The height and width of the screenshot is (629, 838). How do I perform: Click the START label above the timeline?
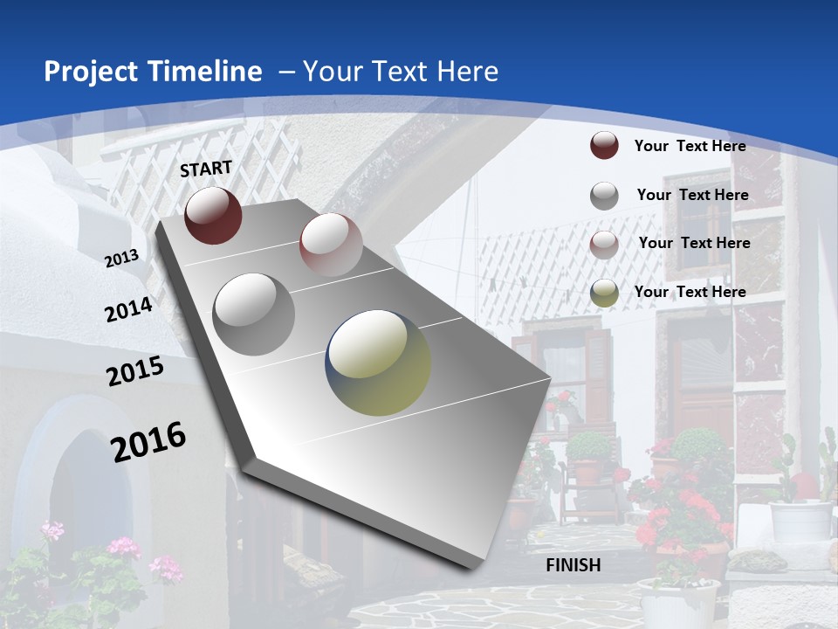206,169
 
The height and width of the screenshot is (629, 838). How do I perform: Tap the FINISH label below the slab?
574,565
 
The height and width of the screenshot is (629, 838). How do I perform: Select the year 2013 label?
121,259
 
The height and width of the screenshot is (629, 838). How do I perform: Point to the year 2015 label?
135,370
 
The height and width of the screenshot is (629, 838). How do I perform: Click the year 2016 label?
148,442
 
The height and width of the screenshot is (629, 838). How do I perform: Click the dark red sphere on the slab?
213,215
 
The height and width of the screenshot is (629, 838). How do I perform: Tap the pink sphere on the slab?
331,245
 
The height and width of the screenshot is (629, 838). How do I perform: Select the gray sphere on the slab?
254,314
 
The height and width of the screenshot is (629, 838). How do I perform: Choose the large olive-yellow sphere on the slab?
378,363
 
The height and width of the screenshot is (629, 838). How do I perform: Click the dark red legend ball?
604,146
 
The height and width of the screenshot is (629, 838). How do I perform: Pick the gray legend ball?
604,195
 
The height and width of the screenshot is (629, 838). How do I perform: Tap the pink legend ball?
604,244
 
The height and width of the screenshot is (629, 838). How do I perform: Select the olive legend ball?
604,293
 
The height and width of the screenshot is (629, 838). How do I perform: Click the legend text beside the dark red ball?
690,146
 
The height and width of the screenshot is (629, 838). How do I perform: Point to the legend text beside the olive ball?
690,292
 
